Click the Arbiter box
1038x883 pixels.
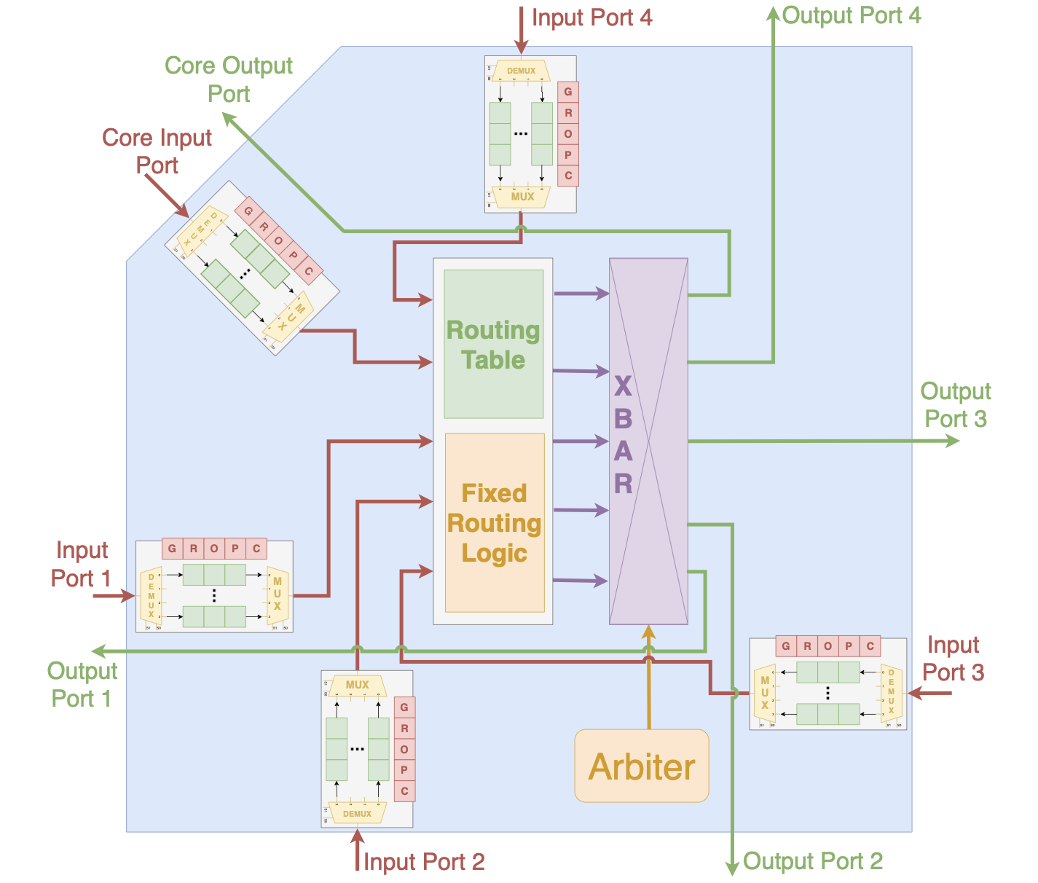(641, 766)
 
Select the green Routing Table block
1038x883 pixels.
(493, 344)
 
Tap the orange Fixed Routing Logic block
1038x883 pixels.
(494, 522)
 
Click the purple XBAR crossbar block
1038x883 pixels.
(648, 441)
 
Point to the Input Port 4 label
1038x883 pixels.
(591, 17)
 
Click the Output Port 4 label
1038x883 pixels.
(851, 15)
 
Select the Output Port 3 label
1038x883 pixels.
(955, 405)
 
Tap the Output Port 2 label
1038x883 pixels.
(812, 861)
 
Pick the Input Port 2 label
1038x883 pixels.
(424, 862)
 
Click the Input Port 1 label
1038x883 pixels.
(81, 564)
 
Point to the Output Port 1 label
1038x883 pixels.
(82, 684)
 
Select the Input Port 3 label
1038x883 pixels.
(953, 659)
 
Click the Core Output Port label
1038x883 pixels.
(228, 79)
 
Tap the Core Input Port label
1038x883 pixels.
(157, 152)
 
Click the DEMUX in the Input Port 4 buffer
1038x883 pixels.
(521, 71)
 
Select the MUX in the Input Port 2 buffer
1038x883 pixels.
(357, 685)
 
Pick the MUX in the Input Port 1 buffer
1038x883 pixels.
(277, 594)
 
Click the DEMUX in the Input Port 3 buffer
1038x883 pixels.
(891, 693)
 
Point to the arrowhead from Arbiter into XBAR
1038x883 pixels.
(648, 632)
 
